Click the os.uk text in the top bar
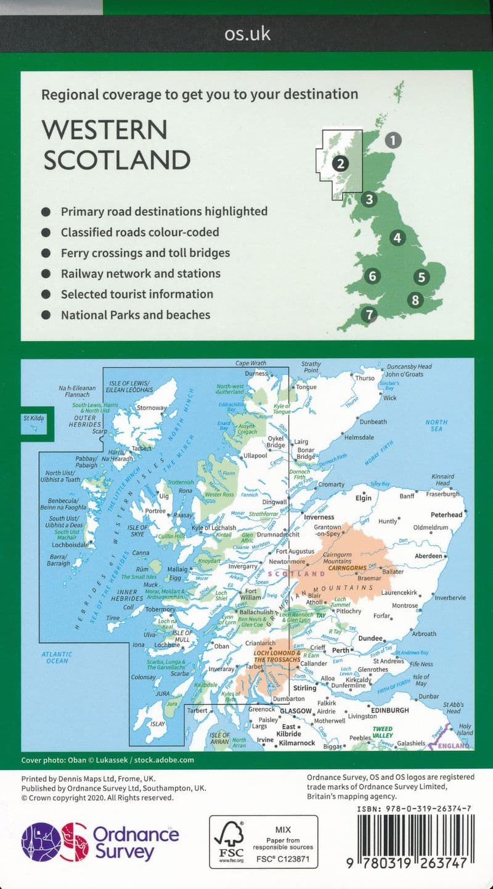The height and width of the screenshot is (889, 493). (247, 33)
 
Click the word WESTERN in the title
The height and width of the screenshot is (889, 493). (104, 130)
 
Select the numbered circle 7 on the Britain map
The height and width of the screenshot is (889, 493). (369, 315)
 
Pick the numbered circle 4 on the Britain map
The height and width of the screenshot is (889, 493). (397, 238)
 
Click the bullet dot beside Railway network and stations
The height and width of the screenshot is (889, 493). (46, 273)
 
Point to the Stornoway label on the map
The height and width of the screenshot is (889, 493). (152, 408)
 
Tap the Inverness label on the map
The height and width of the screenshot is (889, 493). (319, 517)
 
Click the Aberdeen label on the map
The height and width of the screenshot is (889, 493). (429, 556)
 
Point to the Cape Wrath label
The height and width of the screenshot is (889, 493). (251, 363)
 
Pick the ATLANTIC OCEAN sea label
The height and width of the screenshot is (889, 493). (57, 657)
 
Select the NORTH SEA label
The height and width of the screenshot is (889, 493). (436, 425)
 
